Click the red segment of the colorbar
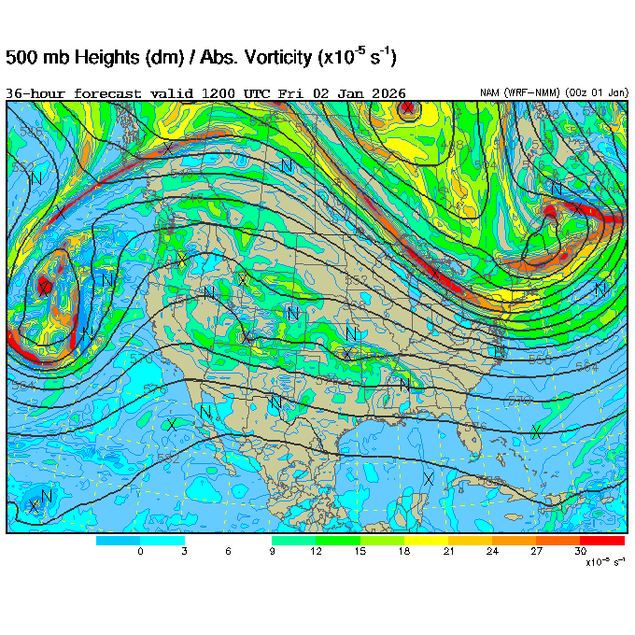(602, 541)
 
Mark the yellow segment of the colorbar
(426, 541)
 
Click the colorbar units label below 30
(603, 562)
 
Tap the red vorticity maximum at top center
(407, 108)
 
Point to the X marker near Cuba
(428, 479)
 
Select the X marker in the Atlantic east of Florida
(536, 430)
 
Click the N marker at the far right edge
(600, 289)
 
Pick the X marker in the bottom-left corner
(35, 506)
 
